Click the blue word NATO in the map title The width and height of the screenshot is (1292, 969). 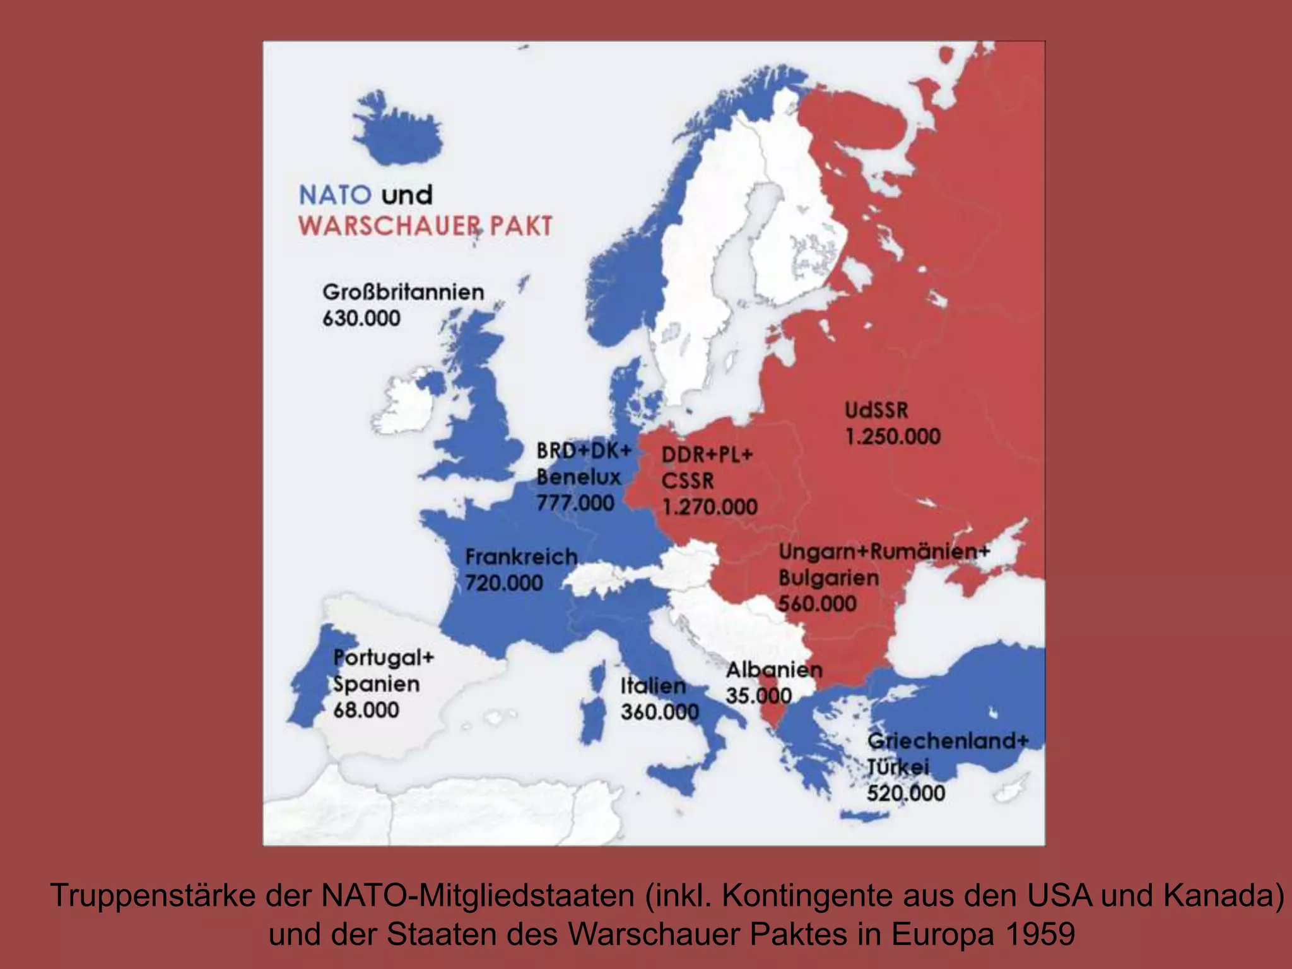(334, 195)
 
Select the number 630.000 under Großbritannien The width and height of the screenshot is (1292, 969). (361, 319)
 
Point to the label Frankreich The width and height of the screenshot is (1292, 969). (521, 557)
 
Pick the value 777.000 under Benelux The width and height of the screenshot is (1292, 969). (575, 503)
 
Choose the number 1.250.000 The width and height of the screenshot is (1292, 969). (893, 437)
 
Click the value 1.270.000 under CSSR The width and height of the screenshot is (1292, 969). (710, 507)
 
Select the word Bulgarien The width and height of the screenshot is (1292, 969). (828, 578)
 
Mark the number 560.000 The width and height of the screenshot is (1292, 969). (818, 604)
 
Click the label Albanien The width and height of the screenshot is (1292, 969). (774, 670)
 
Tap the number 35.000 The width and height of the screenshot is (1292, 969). (759, 696)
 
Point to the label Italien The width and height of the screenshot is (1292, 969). (653, 686)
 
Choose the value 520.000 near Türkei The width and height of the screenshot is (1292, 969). (906, 794)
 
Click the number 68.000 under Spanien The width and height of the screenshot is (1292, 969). (366, 710)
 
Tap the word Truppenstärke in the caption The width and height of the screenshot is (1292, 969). (151, 896)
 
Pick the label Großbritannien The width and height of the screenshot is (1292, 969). (403, 293)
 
